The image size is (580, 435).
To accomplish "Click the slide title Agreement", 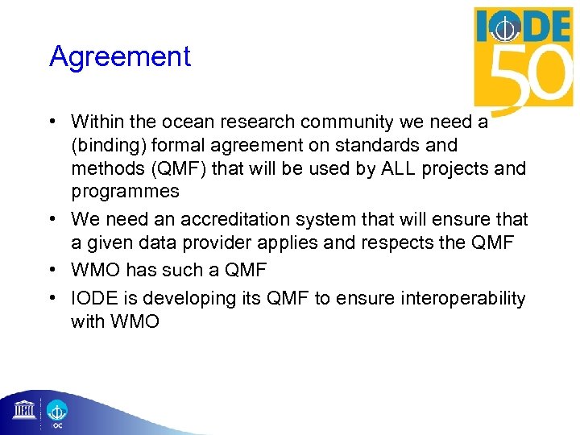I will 120,57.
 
